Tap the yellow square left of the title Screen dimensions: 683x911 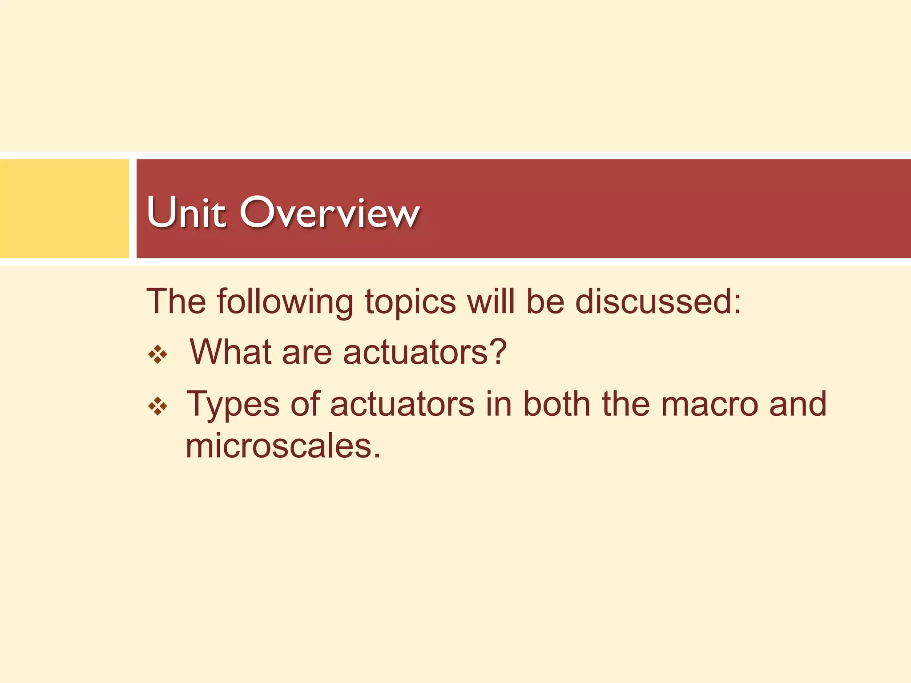[x=64, y=209]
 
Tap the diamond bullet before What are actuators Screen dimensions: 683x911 [x=158, y=355]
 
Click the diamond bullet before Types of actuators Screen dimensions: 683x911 [x=158, y=406]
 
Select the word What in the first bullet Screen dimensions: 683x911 [x=230, y=352]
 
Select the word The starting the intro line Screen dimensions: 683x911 [x=176, y=301]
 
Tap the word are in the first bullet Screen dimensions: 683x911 [x=307, y=353]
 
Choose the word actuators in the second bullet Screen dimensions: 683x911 [x=402, y=404]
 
